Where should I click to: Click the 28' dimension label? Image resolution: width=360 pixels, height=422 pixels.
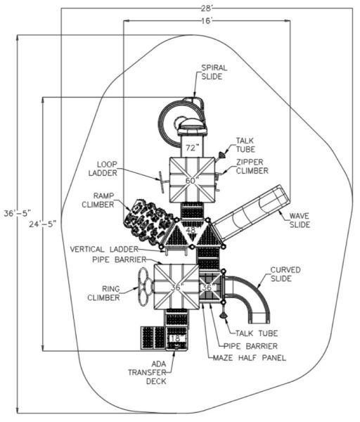coord(207,8)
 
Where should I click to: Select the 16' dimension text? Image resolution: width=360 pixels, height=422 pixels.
coord(207,21)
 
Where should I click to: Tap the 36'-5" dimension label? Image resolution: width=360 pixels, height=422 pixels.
coord(17,213)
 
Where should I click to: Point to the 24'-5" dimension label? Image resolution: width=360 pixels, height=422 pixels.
coord(43,224)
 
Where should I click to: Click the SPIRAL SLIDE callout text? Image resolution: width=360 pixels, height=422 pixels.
coord(214,72)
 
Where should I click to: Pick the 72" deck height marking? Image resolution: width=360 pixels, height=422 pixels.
coord(191,148)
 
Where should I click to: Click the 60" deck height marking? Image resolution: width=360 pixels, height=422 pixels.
coord(191,181)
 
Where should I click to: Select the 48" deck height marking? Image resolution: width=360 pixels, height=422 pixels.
coord(191,231)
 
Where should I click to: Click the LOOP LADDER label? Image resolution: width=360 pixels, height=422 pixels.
coord(103,169)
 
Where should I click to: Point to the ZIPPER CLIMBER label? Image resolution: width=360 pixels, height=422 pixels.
coord(252,166)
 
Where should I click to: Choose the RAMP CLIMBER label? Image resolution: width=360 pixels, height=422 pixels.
coord(98,200)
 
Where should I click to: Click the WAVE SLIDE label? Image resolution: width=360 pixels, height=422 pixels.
coord(300,220)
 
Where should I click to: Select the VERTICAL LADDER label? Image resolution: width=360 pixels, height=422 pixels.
coord(104,249)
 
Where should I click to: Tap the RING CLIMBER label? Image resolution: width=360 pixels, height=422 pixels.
coord(103,293)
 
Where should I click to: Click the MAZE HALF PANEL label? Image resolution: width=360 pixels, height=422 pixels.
coord(250,358)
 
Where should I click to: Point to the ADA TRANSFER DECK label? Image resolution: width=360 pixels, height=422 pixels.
coord(151,373)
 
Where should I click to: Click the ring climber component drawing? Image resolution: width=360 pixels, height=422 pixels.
coord(146,286)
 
